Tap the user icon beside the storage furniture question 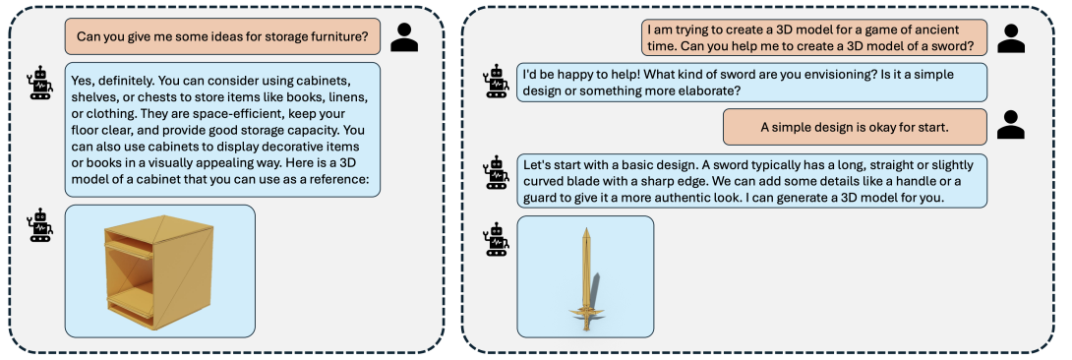(x=404, y=37)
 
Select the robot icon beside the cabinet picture (x=40, y=225)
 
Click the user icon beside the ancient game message (x=1011, y=37)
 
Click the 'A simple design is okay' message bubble (x=854, y=126)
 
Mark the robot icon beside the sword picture (x=496, y=239)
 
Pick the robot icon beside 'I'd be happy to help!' (x=496, y=81)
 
